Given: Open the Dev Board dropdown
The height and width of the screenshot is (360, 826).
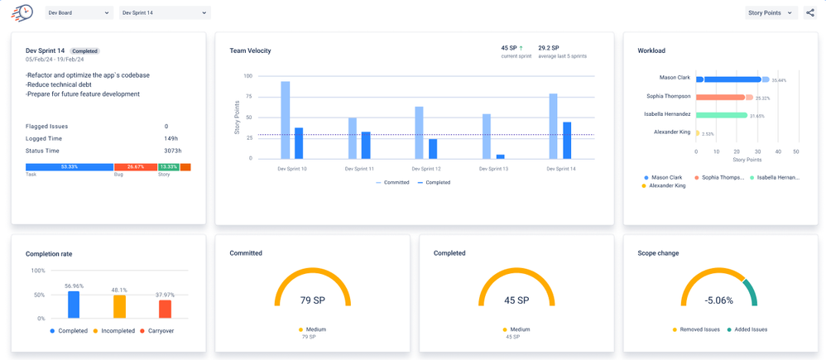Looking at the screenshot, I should click(79, 13).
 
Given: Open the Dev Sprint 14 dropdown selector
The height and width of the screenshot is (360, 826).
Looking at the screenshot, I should click(165, 13).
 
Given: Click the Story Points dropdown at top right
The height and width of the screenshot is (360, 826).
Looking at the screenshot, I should click(771, 13).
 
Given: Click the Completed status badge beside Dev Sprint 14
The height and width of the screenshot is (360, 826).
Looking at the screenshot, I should click(85, 51).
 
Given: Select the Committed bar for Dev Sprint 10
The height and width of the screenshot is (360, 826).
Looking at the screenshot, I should click(286, 119).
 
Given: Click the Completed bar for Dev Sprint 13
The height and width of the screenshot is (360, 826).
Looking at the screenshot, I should click(500, 156).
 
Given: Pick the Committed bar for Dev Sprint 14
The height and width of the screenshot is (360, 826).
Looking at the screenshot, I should click(553, 126).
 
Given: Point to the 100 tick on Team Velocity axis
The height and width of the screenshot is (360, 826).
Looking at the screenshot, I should click(247, 76).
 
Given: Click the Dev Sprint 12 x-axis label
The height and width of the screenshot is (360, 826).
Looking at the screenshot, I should click(427, 169).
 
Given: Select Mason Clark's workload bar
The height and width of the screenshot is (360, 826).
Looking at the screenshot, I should click(728, 79).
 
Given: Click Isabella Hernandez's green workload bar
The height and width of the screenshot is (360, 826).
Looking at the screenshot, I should click(722, 115).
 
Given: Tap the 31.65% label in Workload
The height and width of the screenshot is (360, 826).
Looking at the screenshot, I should click(756, 116).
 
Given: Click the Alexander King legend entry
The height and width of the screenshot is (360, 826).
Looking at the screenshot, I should click(667, 185).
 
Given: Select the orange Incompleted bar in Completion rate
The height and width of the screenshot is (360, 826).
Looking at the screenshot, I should click(119, 306).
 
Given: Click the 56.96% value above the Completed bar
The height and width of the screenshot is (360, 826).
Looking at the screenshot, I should click(74, 286).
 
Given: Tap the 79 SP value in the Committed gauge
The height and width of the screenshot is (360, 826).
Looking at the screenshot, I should click(312, 300).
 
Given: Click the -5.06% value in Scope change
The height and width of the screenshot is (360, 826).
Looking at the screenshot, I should click(718, 300).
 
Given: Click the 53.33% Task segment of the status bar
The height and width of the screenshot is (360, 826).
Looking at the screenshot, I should click(70, 167).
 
